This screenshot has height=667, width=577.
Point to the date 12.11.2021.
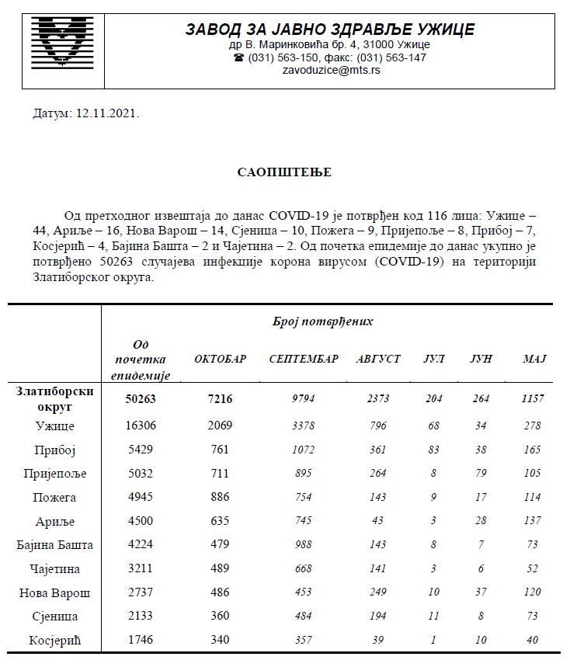(106, 113)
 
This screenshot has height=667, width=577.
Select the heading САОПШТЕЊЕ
(284, 172)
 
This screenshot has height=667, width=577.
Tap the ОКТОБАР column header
(220, 359)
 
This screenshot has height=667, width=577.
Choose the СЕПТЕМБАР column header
(304, 359)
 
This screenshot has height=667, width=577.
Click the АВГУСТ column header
(378, 359)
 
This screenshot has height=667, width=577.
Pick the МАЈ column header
(534, 359)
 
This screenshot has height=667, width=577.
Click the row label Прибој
(55, 450)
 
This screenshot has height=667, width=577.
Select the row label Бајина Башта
(55, 545)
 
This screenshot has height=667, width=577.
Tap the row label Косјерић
(55, 641)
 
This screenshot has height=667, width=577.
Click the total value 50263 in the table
(141, 398)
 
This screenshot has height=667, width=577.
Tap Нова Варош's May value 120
(533, 593)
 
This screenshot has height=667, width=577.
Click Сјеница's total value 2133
(141, 617)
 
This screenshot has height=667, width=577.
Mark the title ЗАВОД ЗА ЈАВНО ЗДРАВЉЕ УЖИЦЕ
(329, 30)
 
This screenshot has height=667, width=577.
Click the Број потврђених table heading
(323, 321)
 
